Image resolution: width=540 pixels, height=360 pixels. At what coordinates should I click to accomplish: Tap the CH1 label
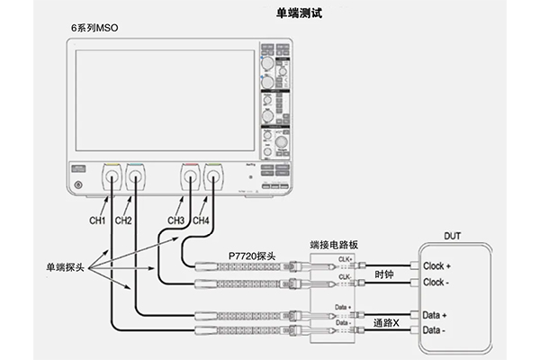97,220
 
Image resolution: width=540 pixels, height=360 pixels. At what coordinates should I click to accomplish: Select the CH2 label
124,220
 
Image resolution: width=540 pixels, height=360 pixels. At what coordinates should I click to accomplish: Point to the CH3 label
176,220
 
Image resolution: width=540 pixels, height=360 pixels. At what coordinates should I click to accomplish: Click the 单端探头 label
66,267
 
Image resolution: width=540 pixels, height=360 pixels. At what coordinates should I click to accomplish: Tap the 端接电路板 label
334,243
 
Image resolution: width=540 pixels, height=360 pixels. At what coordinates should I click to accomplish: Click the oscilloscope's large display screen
165,100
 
